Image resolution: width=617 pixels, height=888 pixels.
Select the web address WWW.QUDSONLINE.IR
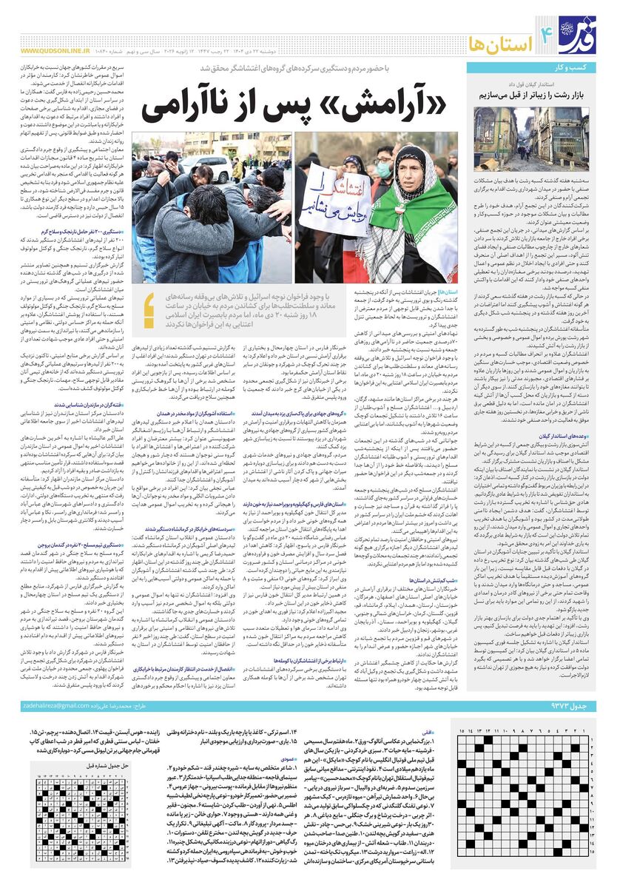[x=53, y=52]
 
